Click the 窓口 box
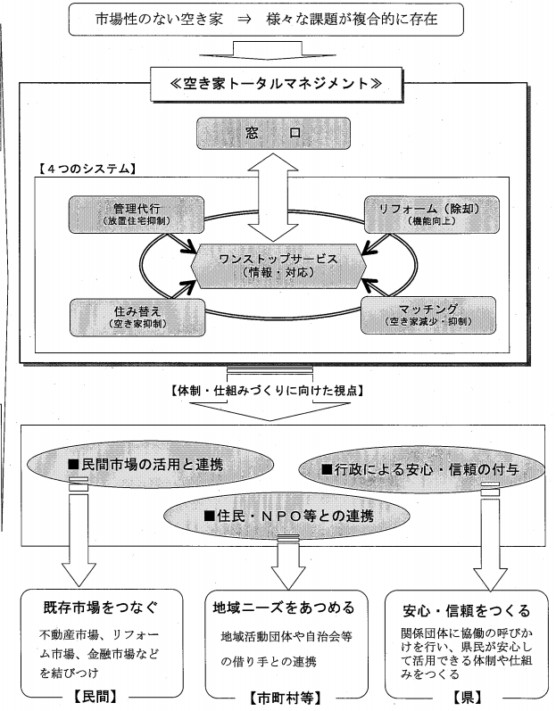tap(273, 133)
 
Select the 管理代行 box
tap(136, 214)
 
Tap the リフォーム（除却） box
tap(432, 214)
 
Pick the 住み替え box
tap(137, 317)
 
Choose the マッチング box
tap(428, 315)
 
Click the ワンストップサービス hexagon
tap(278, 265)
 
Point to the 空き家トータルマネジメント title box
tap(276, 84)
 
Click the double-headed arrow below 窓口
tap(273, 197)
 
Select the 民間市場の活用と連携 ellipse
tap(151, 465)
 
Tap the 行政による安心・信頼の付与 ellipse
tap(421, 469)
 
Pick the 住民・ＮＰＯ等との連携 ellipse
tap(286, 516)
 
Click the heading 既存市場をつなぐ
tap(101, 608)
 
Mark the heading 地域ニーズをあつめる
tap(284, 608)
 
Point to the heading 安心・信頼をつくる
tap(466, 611)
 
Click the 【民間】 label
tap(95, 697)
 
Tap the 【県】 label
tap(467, 697)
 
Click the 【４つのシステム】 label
tap(85, 169)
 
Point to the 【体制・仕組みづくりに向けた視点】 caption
tap(268, 391)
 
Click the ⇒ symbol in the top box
tap(244, 20)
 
